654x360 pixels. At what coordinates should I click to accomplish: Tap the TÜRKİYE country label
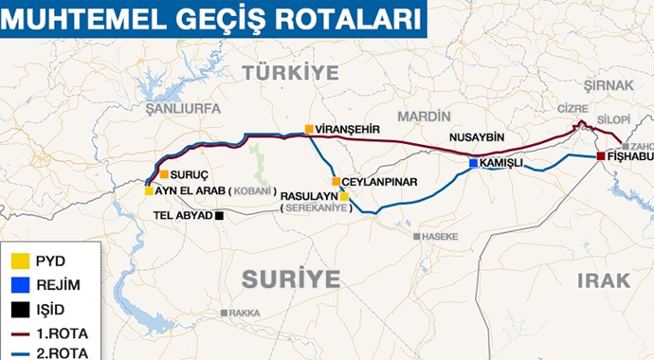289,72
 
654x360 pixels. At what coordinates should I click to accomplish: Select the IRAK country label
603,280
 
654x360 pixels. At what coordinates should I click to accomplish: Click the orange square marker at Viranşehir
309,129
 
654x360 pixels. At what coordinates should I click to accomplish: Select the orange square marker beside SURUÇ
164,174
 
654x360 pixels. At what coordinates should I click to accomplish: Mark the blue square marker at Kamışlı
473,164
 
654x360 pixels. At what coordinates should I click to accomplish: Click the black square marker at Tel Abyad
220,215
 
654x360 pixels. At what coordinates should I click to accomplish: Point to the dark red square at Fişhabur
601,156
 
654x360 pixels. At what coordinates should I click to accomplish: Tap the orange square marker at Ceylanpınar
336,181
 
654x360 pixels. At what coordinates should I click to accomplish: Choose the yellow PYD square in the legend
18,259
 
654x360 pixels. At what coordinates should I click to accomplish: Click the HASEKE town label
438,236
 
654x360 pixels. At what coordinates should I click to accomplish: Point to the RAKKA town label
244,313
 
